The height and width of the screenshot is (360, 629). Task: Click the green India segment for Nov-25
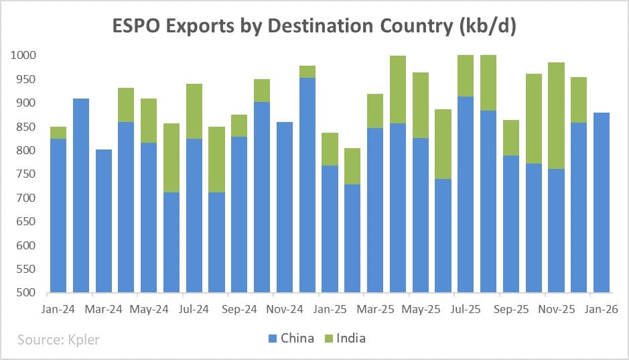point(556,115)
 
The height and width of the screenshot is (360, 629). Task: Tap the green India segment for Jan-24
point(59,133)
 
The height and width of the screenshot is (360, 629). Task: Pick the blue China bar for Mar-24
point(104,221)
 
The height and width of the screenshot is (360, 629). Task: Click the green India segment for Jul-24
point(194,111)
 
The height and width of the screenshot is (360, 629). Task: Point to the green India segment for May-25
point(420,105)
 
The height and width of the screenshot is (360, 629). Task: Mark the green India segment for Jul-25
point(466,76)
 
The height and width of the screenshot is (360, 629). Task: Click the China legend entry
point(290,338)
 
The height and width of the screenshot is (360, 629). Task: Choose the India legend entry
point(344,338)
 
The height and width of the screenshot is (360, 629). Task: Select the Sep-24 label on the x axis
point(239,310)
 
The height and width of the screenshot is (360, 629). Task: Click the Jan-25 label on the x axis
point(330,310)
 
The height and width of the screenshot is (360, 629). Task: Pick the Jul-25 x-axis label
point(466,310)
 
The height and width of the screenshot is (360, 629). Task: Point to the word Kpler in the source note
point(81,340)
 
